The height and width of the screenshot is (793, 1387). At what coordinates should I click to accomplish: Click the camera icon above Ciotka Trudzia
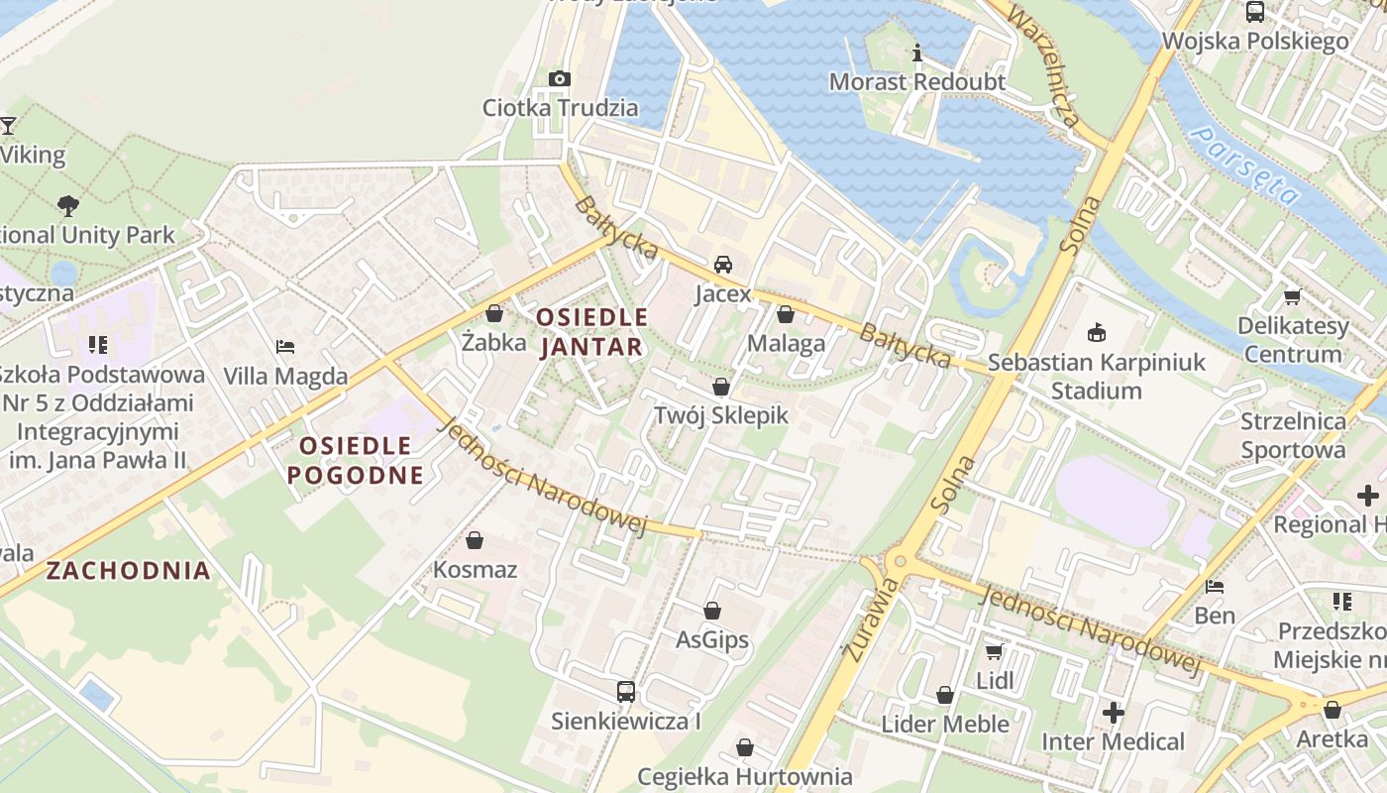560,78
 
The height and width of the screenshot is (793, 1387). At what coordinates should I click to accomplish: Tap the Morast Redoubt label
916,81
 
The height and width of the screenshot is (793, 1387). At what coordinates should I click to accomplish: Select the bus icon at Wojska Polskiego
1255,12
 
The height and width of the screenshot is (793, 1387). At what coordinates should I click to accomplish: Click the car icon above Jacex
723,265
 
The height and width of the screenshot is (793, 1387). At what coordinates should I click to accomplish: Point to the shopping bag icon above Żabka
494,313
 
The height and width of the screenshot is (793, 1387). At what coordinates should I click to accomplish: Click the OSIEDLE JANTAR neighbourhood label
591,332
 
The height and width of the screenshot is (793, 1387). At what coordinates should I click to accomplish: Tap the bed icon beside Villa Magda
285,347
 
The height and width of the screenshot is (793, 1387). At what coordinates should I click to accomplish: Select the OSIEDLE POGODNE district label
356,460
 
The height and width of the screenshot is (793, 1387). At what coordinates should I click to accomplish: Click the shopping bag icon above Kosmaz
475,540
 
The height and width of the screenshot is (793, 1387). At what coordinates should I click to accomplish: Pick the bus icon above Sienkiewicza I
626,691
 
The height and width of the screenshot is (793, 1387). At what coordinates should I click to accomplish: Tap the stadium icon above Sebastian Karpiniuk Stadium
1096,333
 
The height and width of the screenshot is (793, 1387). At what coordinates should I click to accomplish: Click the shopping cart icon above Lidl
994,651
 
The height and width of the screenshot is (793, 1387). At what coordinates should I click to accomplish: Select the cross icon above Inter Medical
1113,712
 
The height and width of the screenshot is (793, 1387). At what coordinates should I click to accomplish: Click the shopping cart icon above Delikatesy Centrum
1292,296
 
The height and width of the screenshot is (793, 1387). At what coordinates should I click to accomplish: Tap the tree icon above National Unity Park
67,206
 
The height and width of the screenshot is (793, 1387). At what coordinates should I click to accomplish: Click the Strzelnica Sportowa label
1293,435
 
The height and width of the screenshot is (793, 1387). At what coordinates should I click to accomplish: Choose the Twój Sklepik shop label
720,415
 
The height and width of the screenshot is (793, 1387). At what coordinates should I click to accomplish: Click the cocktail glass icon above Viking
8,126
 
